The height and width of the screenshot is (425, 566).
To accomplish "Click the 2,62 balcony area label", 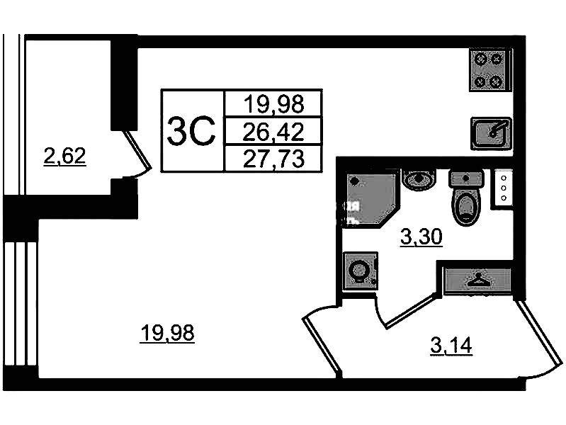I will [x=64, y=155].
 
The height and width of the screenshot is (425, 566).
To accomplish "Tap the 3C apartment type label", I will [x=191, y=130].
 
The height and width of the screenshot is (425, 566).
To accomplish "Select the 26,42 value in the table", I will [x=273, y=131].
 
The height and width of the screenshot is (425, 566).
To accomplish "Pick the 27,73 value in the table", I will [x=273, y=158].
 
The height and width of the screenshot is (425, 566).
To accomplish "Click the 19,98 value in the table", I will [x=273, y=105].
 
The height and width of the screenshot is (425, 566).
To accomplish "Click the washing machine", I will [x=360, y=270].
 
